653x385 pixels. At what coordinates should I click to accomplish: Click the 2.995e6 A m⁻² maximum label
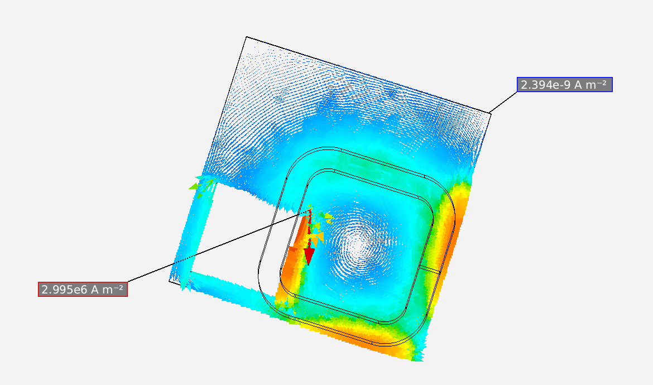coord(83,289)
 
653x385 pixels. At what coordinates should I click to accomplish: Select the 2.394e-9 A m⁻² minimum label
coord(565,84)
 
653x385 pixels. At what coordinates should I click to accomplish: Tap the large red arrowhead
coord(309,256)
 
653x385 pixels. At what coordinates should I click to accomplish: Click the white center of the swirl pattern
coord(357,246)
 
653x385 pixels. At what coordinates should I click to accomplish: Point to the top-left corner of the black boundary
coord(247,37)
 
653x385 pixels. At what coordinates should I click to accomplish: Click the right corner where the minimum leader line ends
coord(490,112)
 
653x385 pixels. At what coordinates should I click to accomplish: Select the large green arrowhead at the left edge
coord(194,187)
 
